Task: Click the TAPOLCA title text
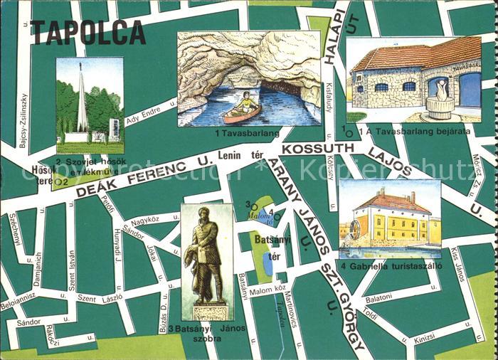(88, 33)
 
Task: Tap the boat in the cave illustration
(242, 110)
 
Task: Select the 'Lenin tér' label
(248, 155)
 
